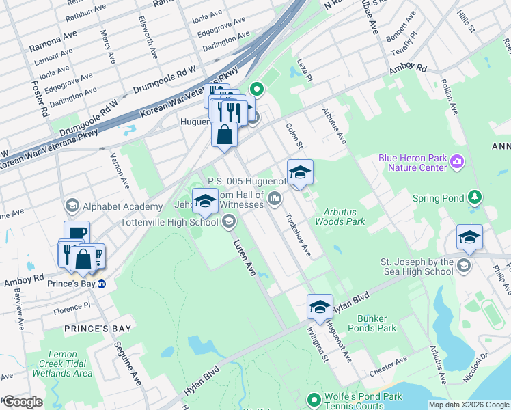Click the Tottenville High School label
coord(169,222)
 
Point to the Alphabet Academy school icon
coord(72,206)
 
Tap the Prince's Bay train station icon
coord(101,284)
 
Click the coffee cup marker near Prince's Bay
coord(77,233)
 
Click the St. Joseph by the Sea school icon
coord(464,266)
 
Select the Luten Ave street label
coord(244,257)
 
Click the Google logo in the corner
coord(22,402)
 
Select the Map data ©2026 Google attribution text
coord(469,405)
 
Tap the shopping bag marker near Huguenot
coord(224,135)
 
